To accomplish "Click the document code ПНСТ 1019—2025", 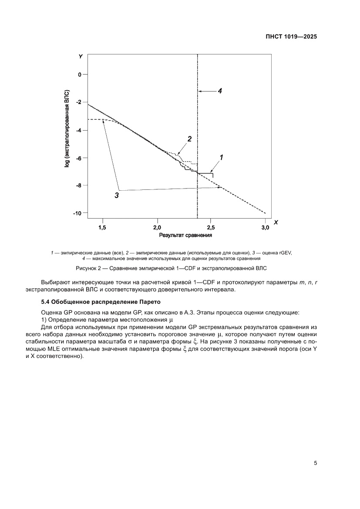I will coord(291,37).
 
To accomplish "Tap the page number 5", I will coord(315,463).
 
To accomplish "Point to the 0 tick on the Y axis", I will coord(80,74).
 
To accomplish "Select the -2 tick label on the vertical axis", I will coord(78,102).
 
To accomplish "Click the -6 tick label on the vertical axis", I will coord(78,158).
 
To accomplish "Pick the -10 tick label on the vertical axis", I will coord(77,213).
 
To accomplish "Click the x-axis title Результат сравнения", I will coord(185,236).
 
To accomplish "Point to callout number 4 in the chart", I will coord(220,91).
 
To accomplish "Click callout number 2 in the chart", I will coord(189,139).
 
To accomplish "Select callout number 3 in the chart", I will coord(117,196).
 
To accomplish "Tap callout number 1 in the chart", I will coord(221,157).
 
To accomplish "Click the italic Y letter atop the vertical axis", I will coord(81,57).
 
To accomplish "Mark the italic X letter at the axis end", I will coord(276,222).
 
